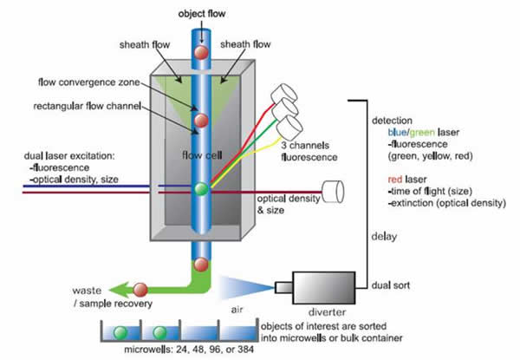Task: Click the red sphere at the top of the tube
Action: point(200,53)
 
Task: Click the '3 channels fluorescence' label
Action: point(309,153)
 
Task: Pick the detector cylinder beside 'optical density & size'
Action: point(332,187)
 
